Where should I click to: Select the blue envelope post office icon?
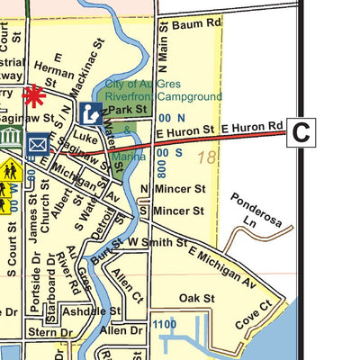(38, 144)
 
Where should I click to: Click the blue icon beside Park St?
(90, 112)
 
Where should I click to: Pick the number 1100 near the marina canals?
(164, 324)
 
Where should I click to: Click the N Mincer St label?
(173, 189)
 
